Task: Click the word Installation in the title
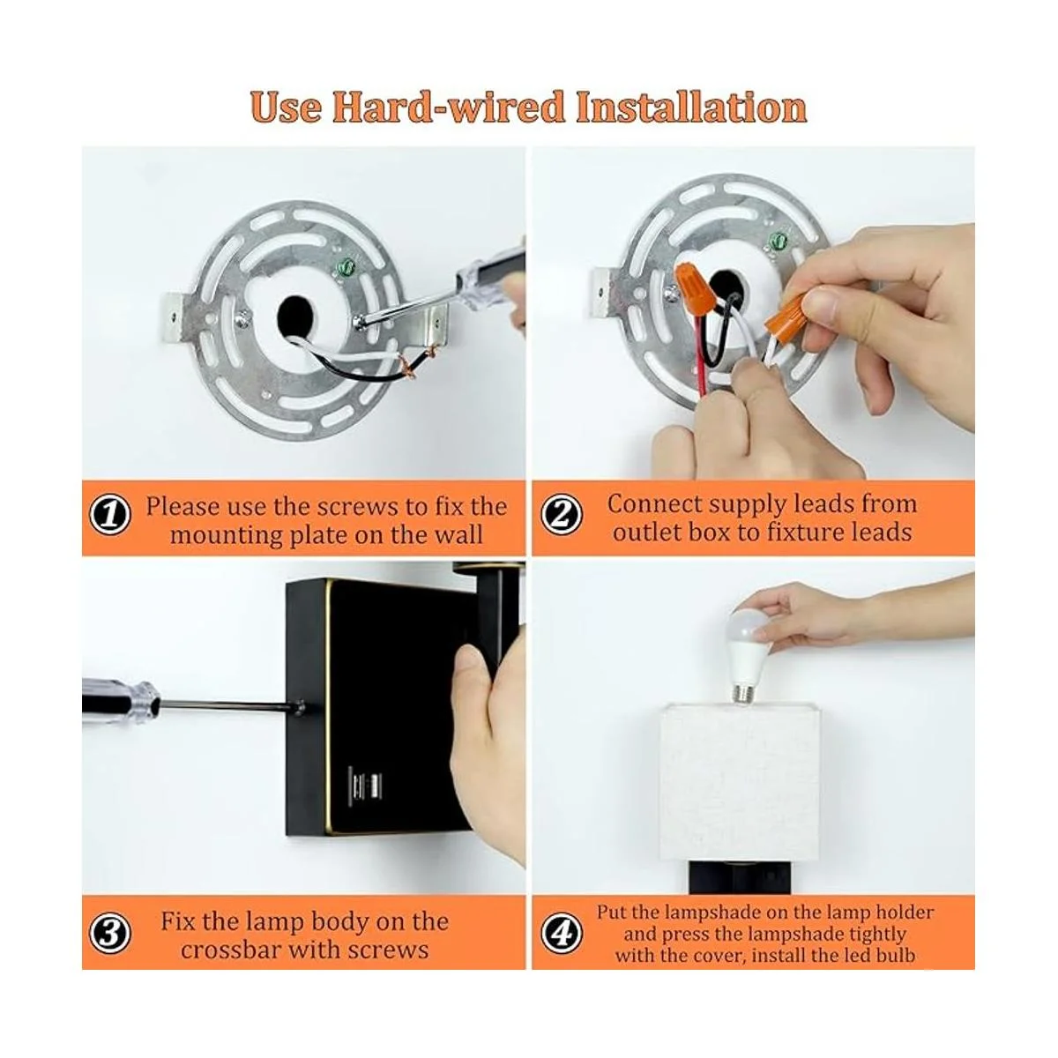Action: [x=690, y=107]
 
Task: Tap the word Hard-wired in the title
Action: [x=449, y=107]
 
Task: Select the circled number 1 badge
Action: [x=110, y=517]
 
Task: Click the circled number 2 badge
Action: [x=562, y=515]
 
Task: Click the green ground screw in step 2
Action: [x=778, y=240]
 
